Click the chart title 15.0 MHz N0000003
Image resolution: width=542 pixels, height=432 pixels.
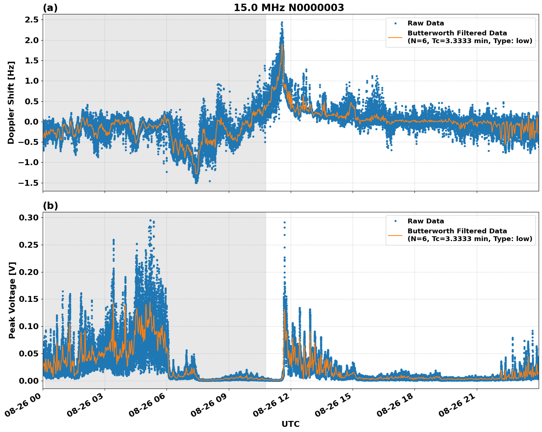pyautogui.click(x=289, y=8)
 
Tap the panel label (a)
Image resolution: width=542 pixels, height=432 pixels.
pyautogui.click(x=50, y=8)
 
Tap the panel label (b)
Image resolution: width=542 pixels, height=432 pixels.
pyautogui.click(x=50, y=206)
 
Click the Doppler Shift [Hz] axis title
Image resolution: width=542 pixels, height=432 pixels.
pyautogui.click(x=11, y=102)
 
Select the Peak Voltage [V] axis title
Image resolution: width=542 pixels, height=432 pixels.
pyautogui.click(x=12, y=300)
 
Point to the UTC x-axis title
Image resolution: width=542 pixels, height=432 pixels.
pyautogui.click(x=290, y=424)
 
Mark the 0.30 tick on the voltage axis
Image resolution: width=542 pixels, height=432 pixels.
pyautogui.click(x=28, y=217)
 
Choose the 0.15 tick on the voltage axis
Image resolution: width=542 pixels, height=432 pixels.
pyautogui.click(x=28, y=299)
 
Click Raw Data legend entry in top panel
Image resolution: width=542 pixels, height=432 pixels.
pyautogui.click(x=426, y=23)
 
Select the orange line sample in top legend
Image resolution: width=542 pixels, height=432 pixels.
pyautogui.click(x=395, y=37)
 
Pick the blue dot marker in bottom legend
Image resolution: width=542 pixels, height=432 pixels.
pyautogui.click(x=395, y=221)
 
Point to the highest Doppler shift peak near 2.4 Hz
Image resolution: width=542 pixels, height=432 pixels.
pyautogui.click(x=282, y=22)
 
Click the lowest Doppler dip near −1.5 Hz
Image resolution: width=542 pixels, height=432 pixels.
pyautogui.click(x=196, y=182)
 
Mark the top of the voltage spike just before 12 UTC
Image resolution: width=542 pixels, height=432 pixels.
pyautogui.click(x=284, y=222)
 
